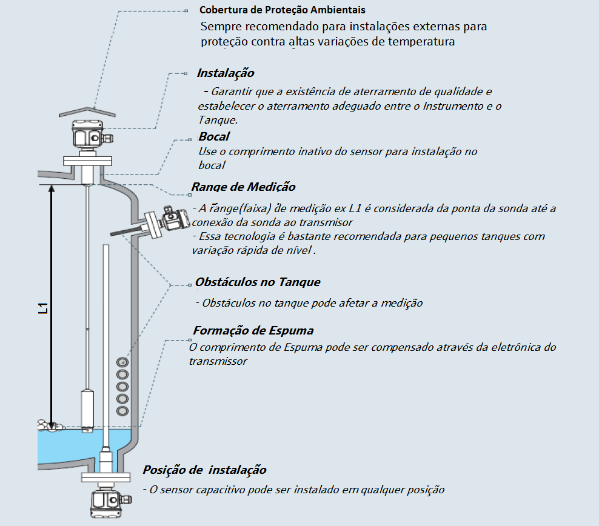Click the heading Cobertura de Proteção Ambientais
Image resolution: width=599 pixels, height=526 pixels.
click(283, 11)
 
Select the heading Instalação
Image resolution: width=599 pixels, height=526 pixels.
click(226, 73)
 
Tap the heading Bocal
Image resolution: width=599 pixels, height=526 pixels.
click(214, 136)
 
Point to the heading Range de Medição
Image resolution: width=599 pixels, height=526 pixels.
click(244, 187)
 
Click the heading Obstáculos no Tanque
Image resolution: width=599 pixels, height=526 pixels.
click(258, 282)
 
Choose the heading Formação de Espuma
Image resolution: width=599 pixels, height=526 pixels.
click(253, 331)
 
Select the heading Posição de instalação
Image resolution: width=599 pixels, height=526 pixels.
click(204, 470)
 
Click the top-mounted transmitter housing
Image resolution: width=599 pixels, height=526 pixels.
click(89, 134)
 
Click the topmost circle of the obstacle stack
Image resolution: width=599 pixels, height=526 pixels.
click(122, 362)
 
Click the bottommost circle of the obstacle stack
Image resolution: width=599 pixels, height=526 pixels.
click(122, 411)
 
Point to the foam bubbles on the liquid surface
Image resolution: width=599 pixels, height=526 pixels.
click(49, 426)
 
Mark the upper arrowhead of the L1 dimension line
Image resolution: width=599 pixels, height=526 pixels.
click(52, 189)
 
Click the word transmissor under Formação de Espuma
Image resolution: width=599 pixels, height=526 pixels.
click(218, 361)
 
